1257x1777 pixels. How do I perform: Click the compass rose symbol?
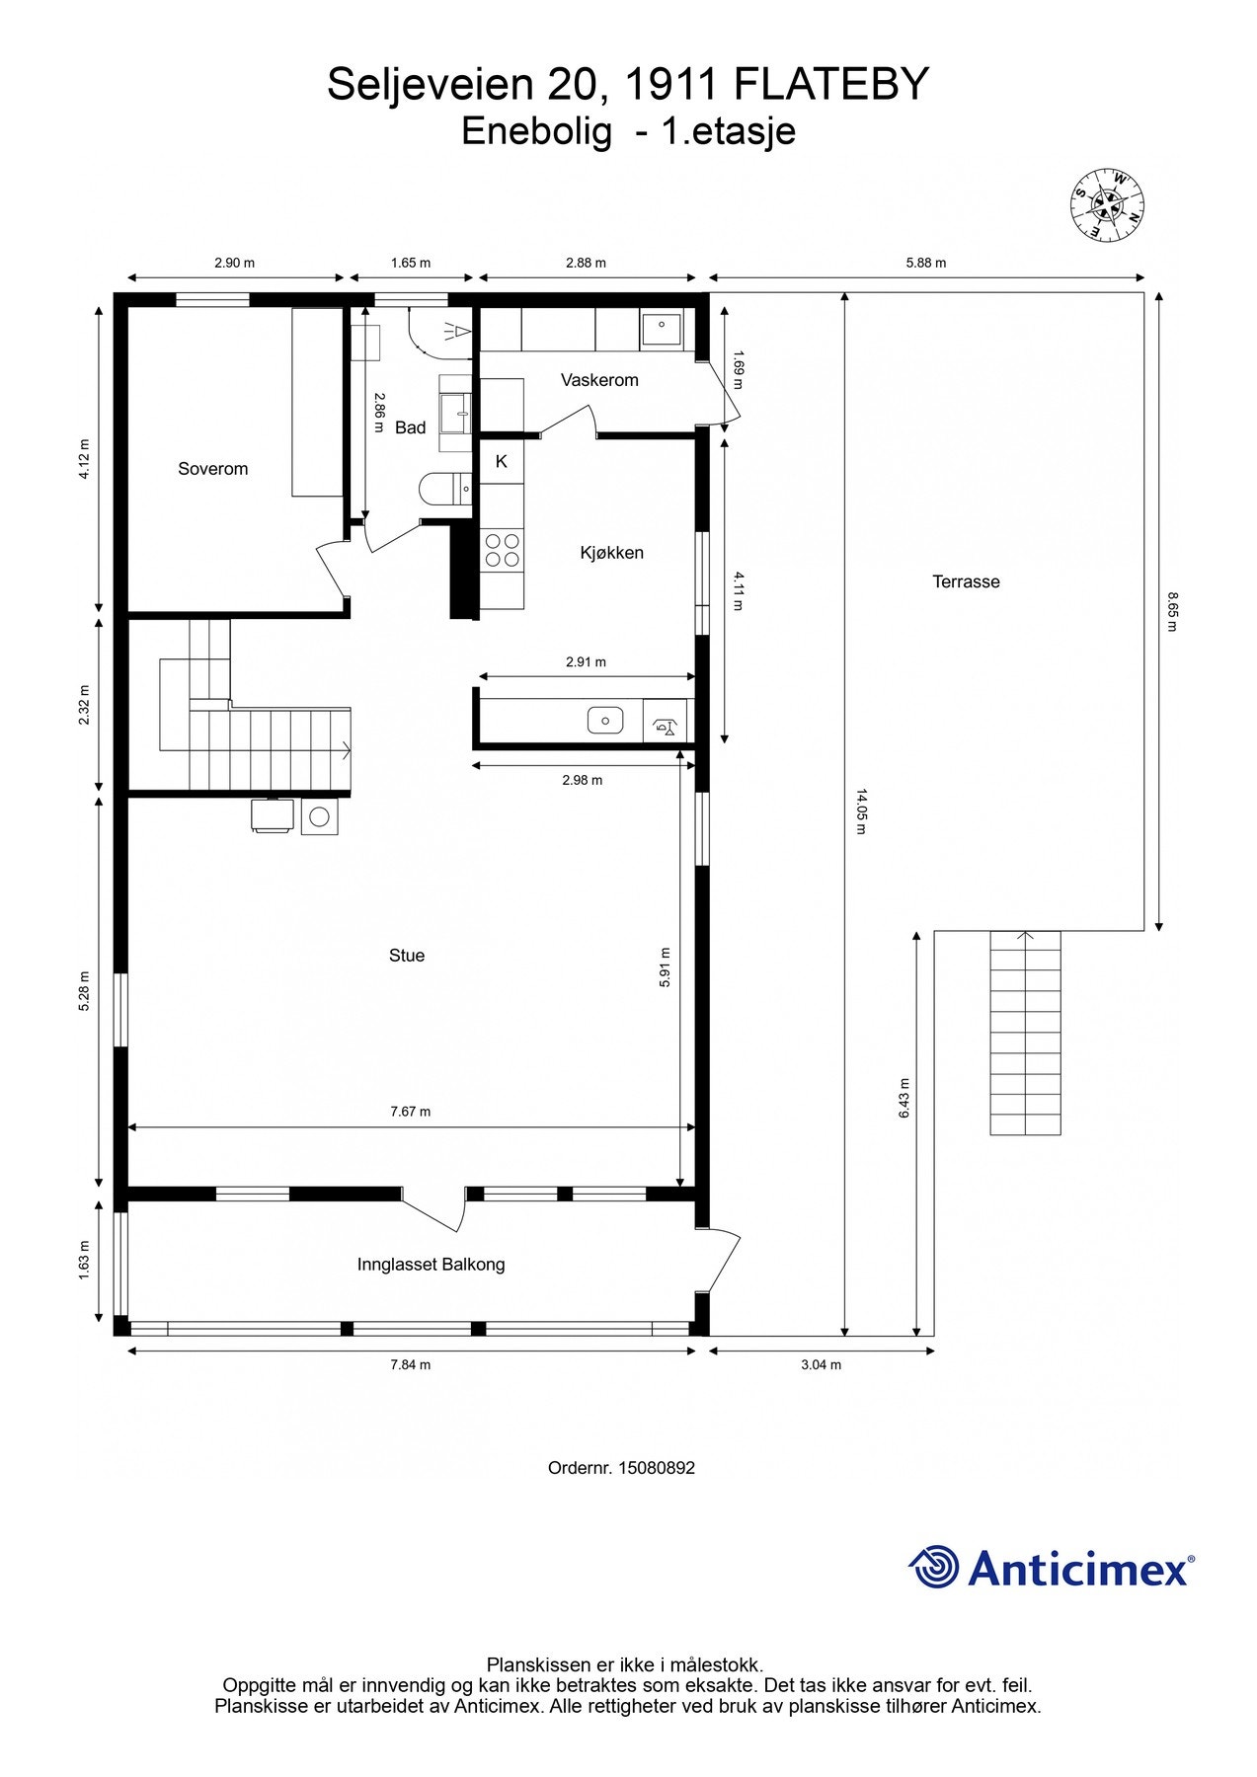click(1107, 205)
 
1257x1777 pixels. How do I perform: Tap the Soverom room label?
click(212, 469)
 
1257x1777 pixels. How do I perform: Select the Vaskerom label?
click(599, 380)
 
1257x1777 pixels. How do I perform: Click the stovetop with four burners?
click(502, 550)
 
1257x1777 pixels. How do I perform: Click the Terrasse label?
click(966, 581)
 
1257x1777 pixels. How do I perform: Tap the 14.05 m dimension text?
click(860, 811)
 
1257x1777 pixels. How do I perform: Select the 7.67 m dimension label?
click(410, 1112)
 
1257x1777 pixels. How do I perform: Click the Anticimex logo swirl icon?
click(933, 1567)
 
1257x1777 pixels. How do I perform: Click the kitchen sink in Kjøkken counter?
click(605, 720)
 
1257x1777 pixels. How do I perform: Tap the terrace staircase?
click(1026, 1033)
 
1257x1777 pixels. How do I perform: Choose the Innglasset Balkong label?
click(431, 1265)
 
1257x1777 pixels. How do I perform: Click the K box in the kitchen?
click(502, 461)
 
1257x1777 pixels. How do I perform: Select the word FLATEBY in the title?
click(831, 85)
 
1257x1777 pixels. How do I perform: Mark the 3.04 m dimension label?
click(821, 1365)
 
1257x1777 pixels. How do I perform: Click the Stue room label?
click(407, 956)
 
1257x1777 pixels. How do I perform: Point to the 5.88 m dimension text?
click(926, 263)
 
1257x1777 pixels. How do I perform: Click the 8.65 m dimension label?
click(1173, 612)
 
